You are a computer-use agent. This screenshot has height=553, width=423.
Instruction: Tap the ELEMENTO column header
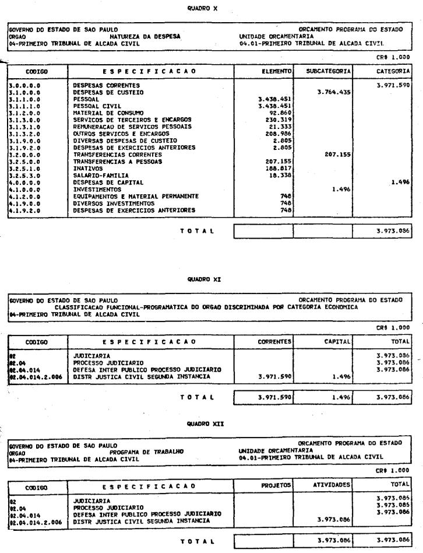click(276, 71)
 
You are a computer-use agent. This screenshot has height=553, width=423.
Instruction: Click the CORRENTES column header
click(275, 341)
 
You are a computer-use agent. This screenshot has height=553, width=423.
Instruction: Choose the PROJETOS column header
click(276, 485)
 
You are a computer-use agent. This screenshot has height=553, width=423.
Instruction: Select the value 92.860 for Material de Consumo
click(278, 112)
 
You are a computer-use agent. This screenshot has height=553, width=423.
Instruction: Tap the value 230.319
click(277, 119)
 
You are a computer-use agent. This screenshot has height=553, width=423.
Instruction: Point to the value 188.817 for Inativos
click(277, 167)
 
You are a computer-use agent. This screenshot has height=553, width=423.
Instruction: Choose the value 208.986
click(277, 133)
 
